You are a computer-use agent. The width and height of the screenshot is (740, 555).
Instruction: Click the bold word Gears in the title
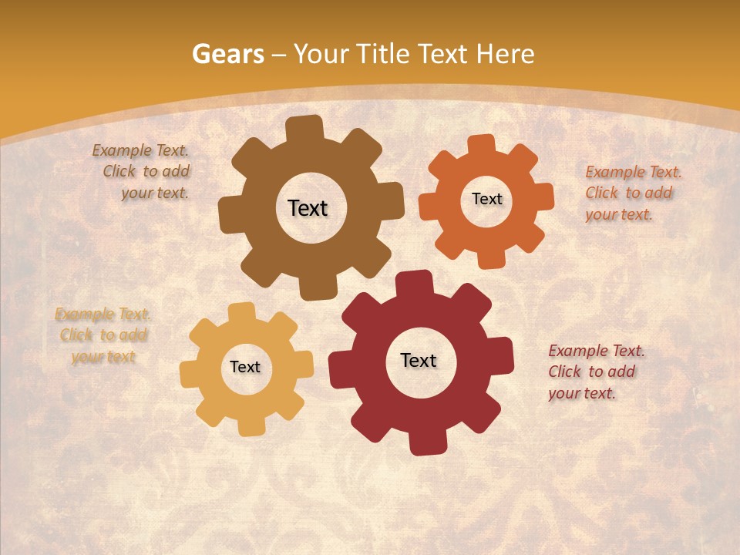(x=227, y=54)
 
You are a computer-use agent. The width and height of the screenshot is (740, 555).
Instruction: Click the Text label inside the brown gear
(x=308, y=208)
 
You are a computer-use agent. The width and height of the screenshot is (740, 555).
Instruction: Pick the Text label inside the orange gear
(x=486, y=199)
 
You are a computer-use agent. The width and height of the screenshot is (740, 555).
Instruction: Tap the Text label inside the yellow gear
(x=245, y=367)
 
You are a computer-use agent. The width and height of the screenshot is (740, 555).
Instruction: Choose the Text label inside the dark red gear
(x=419, y=360)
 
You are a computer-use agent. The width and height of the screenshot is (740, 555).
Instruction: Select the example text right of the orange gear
(x=632, y=193)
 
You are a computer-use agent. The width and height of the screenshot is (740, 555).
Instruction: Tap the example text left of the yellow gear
(x=103, y=335)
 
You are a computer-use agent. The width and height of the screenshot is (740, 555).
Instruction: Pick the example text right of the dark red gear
(x=595, y=372)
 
